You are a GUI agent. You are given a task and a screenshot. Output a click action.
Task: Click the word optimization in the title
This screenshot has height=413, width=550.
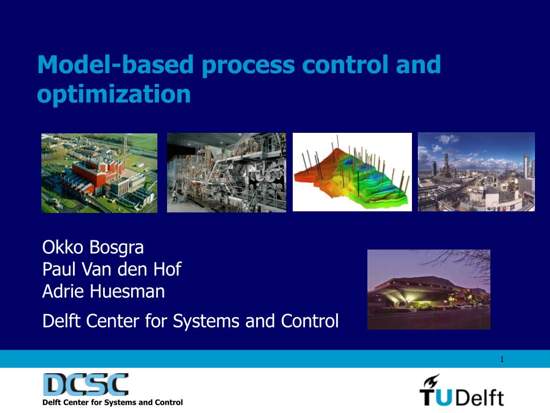coord(114,94)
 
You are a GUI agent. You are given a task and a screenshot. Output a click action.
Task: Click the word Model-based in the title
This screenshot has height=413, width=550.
coord(115,65)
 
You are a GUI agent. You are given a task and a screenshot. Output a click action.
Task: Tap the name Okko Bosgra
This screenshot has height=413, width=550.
coord(93,248)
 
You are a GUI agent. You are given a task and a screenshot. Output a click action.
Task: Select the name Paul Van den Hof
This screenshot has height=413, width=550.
coord(112,269)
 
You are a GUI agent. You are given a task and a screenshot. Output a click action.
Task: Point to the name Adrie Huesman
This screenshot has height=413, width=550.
coord(104,291)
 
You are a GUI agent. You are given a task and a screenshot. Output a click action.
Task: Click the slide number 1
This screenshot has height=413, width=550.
coord(502,359)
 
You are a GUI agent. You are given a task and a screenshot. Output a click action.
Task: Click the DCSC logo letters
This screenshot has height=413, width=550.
coord(85,384)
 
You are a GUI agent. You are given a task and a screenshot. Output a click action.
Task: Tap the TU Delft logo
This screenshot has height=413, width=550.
coord(461,390)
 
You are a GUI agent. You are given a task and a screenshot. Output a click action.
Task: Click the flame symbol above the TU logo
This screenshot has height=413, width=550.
coord(431,381)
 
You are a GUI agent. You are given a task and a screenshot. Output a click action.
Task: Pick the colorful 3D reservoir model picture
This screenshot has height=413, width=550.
coord(352,172)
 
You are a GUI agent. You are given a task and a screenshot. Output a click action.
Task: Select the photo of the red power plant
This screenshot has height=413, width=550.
coord(99,173)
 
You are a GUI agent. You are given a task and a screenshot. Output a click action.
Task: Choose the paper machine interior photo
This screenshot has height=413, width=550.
coord(227,173)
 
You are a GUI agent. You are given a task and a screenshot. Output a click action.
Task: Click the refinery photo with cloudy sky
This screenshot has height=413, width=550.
coord(476,172)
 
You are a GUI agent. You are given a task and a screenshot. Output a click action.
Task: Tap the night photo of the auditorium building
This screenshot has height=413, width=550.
coord(429,290)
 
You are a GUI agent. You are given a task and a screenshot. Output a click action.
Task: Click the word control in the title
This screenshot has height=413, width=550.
coord(345,65)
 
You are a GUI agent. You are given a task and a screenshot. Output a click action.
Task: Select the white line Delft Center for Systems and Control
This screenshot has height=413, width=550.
coord(191,321)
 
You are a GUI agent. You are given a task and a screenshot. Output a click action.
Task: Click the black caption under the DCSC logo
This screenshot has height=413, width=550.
coord(113,402)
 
